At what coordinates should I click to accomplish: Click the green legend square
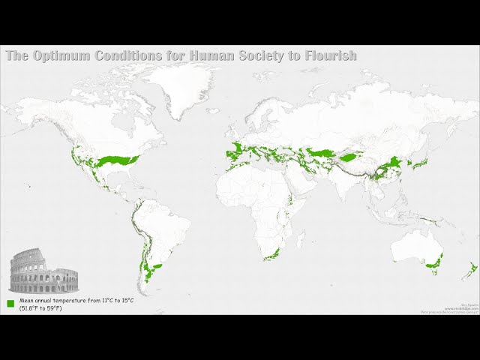[x=11, y=304]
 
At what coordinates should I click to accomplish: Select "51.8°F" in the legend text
[x=34, y=307]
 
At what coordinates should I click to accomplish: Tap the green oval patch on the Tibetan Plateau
[x=350, y=158]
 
